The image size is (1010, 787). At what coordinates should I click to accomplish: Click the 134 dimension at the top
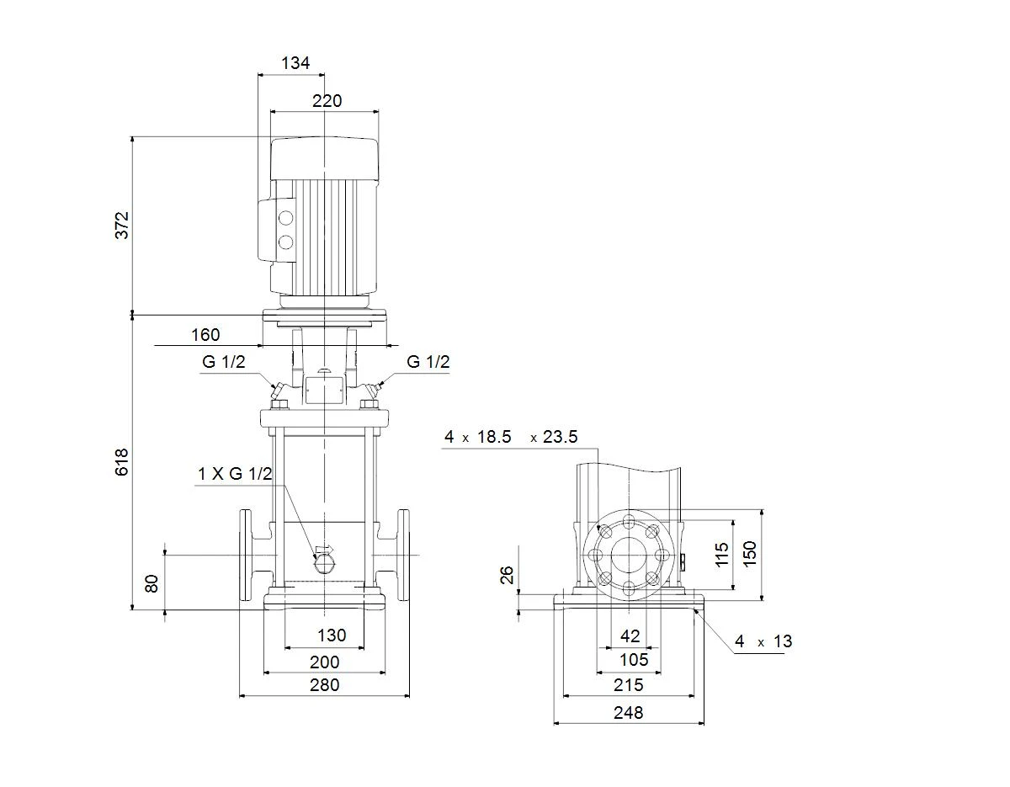point(295,63)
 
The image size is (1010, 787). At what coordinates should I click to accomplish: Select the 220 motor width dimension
point(327,101)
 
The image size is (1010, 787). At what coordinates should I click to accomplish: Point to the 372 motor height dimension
point(122,225)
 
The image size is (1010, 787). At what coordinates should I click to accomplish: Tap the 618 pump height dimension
point(122,461)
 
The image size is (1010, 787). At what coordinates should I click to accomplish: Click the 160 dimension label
point(205,335)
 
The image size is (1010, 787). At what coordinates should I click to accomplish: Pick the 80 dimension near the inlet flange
point(152,583)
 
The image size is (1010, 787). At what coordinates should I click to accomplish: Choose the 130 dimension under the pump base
point(332,635)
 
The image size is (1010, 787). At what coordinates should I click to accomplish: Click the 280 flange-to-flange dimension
point(324,684)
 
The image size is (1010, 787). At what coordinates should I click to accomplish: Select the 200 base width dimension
point(324,662)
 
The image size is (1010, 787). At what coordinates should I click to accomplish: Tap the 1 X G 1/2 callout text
point(235,474)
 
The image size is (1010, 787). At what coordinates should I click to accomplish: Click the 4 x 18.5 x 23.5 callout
point(511,437)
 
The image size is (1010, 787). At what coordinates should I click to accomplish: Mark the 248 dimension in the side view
point(629,713)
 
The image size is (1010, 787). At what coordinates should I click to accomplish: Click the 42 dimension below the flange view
point(630,635)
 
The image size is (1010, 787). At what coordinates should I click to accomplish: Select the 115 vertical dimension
point(722,555)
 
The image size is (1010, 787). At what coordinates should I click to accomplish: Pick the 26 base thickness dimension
point(507,575)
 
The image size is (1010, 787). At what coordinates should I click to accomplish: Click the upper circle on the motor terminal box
point(285,217)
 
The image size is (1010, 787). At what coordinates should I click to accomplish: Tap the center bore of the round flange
point(629,555)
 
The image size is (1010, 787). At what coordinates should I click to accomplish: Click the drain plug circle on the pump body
point(324,565)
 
